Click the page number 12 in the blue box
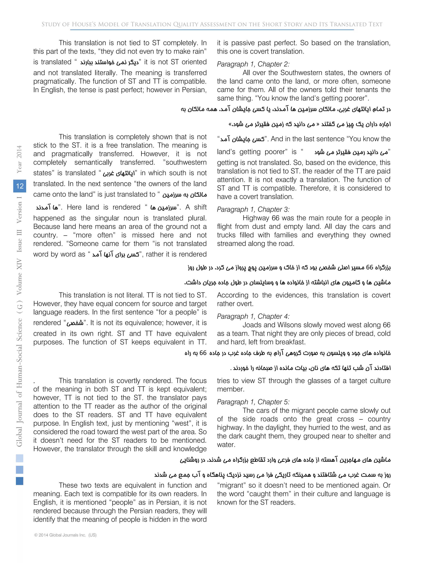(x=20, y=186)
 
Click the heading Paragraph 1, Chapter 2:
(x=253, y=64)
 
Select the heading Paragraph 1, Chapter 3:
(x=253, y=209)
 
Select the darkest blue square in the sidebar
(x=20, y=481)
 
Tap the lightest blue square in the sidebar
(x=20, y=458)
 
